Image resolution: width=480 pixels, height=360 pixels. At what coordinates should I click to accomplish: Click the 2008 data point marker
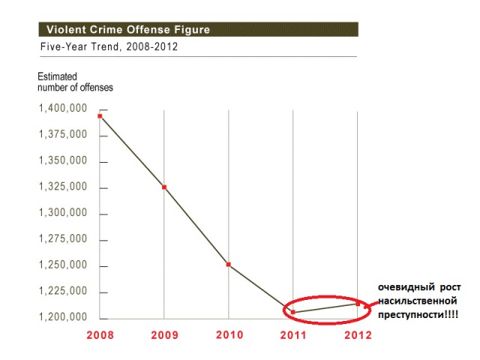(100, 115)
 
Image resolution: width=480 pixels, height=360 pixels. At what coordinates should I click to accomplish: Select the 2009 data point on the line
(164, 187)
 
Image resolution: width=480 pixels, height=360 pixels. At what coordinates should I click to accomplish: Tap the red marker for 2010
(228, 264)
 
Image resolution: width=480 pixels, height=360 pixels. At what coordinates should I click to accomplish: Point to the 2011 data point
(292, 311)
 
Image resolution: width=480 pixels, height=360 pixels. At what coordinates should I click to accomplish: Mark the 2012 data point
(357, 304)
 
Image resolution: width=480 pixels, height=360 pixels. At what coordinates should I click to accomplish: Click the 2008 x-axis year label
(100, 335)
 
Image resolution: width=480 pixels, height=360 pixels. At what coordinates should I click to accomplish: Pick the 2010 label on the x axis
(229, 335)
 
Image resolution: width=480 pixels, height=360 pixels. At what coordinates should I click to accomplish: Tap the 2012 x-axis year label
(357, 335)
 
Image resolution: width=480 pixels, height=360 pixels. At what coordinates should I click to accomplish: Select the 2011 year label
(293, 335)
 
